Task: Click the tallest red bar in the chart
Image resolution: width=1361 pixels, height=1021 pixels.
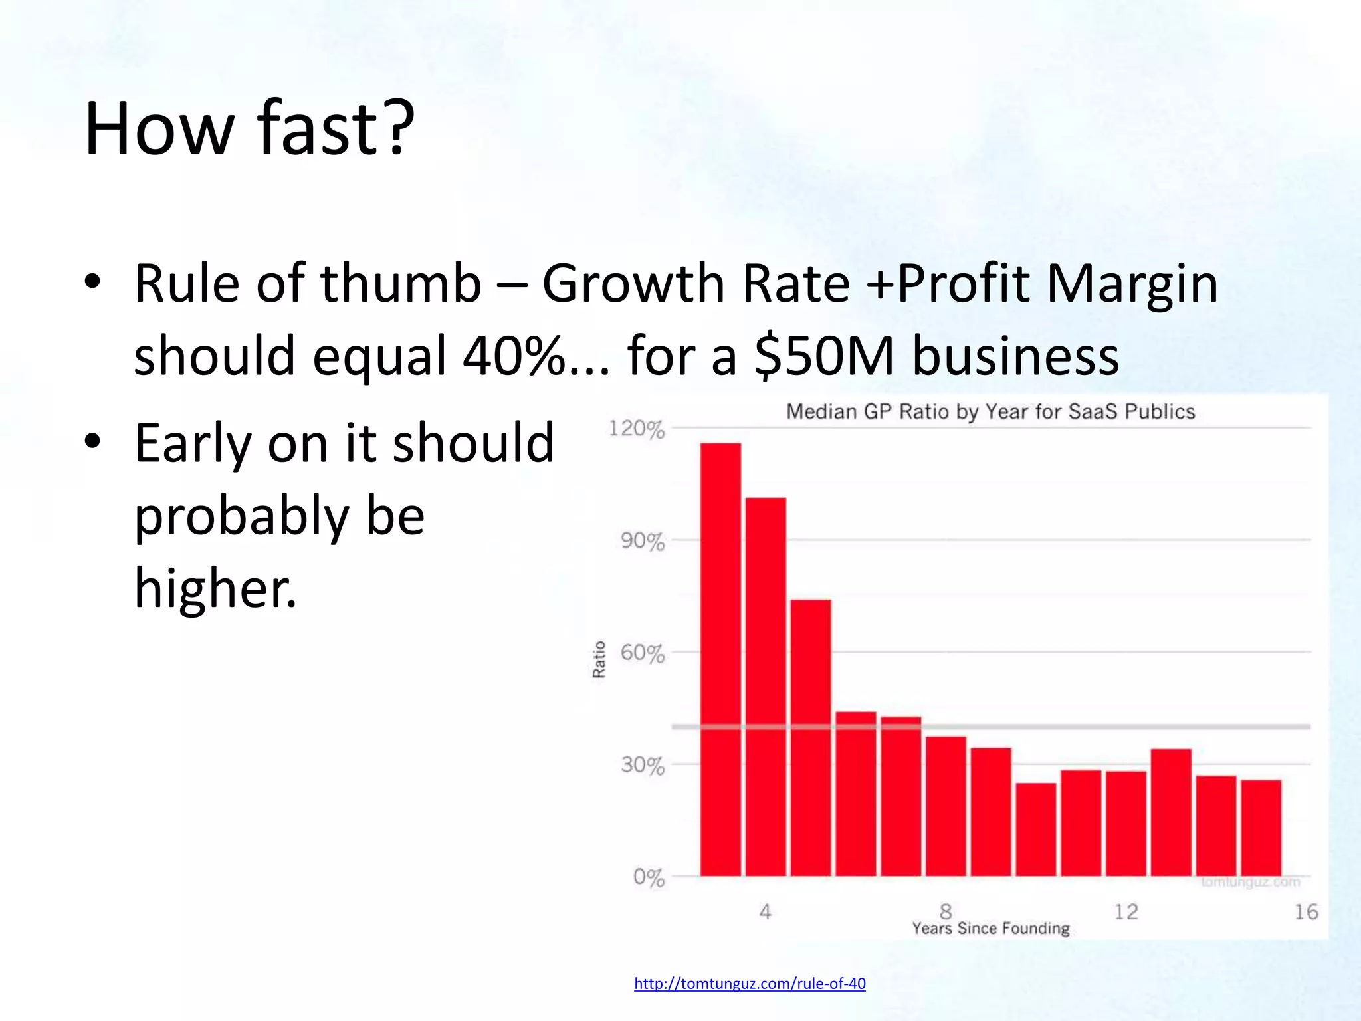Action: pos(720,658)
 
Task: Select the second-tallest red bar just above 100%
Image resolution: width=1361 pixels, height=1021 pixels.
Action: pos(766,685)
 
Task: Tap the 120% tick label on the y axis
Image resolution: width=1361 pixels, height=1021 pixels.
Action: pos(636,429)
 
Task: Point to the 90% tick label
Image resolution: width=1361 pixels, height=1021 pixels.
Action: pos(642,542)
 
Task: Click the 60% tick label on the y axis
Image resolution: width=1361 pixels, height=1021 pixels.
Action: pos(642,653)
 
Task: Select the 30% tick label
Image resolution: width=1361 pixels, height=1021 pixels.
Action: pos(642,766)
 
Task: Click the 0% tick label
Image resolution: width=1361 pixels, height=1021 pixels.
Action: pos(648,877)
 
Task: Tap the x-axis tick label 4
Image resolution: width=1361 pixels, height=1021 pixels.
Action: pos(765,911)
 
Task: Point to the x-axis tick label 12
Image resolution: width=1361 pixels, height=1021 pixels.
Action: pos(1126,911)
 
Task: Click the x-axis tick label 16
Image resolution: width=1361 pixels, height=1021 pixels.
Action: pos(1306,911)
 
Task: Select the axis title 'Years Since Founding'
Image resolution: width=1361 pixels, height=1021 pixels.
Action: pos(990,928)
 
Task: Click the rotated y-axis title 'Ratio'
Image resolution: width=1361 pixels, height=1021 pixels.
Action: pos(599,659)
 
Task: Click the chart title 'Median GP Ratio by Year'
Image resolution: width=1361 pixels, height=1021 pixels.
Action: pos(990,412)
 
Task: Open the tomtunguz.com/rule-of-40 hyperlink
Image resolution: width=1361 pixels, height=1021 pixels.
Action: pos(750,984)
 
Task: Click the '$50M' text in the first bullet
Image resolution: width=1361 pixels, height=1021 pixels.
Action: pos(824,356)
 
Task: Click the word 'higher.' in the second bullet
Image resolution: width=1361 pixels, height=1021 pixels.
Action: pos(215,588)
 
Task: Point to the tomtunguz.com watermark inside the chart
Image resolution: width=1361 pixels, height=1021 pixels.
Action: pos(1250,882)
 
